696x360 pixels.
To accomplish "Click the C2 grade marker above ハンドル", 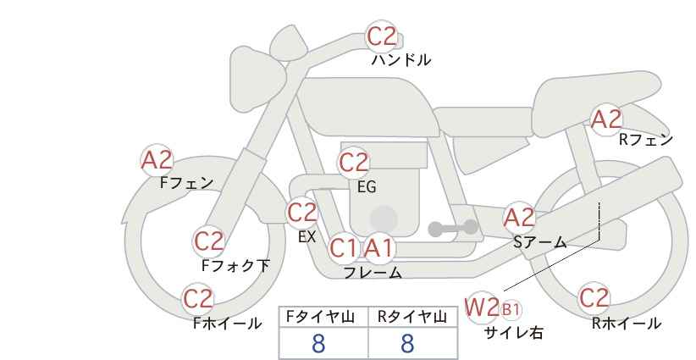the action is tap(381, 36).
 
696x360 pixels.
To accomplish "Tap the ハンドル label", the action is tap(401, 60).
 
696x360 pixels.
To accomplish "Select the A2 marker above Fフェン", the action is tap(157, 160).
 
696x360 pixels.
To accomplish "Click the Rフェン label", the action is tap(646, 140).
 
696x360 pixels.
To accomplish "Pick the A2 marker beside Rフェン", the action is tap(606, 119).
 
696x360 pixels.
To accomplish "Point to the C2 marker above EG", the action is tap(353, 163).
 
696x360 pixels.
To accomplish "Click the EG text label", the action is tap(367, 187).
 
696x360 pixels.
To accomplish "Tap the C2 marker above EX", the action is tap(301, 212).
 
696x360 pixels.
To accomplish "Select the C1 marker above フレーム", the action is tap(344, 248).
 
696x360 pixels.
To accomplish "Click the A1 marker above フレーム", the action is tap(378, 248).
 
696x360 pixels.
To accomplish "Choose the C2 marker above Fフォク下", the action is tap(208, 242).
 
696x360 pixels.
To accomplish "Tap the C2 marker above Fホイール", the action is tap(198, 299).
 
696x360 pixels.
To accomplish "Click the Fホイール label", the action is tap(227, 324).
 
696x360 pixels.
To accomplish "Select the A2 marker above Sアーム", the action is tap(519, 218).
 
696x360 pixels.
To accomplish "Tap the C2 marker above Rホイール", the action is tap(594, 298).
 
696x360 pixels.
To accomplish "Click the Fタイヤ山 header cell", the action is tap(323, 318).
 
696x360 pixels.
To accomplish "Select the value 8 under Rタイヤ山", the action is tap(407, 343).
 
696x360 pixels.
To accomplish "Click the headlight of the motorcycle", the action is tap(257, 78).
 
